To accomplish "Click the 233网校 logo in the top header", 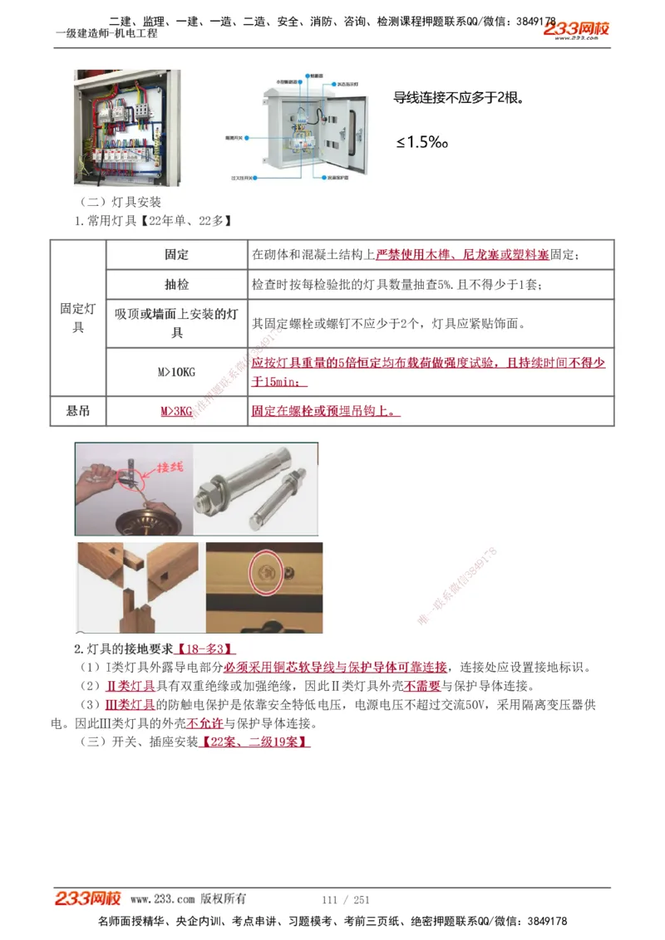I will [577, 30].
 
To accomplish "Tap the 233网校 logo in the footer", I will [88, 898].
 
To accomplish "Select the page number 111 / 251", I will [345, 899].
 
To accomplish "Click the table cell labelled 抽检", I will [176, 285].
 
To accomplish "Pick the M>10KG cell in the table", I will [176, 372].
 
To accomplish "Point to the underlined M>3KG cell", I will [176, 411].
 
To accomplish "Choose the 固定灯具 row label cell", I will [78, 318].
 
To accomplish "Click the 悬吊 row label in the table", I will [78, 411].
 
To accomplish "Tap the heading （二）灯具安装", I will [121, 202].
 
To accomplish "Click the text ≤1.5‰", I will [421, 143].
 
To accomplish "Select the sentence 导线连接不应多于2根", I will [458, 98].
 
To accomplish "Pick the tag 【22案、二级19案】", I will [255, 742].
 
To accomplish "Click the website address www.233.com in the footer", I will [162, 899].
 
